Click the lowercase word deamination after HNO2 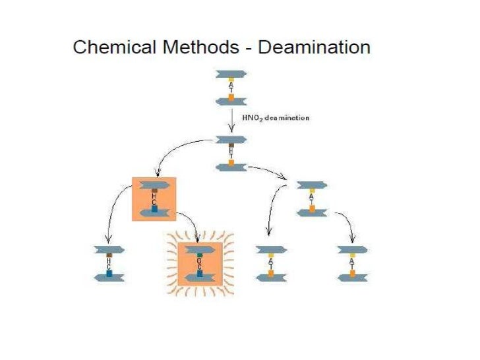[x=287, y=117]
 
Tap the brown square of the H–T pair [x=231, y=144]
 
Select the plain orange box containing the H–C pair [x=154, y=199]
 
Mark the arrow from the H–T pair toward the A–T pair [x=267, y=172]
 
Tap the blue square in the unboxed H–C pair [x=109, y=273]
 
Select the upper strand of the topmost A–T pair [x=231, y=74]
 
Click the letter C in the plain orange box [x=154, y=201]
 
